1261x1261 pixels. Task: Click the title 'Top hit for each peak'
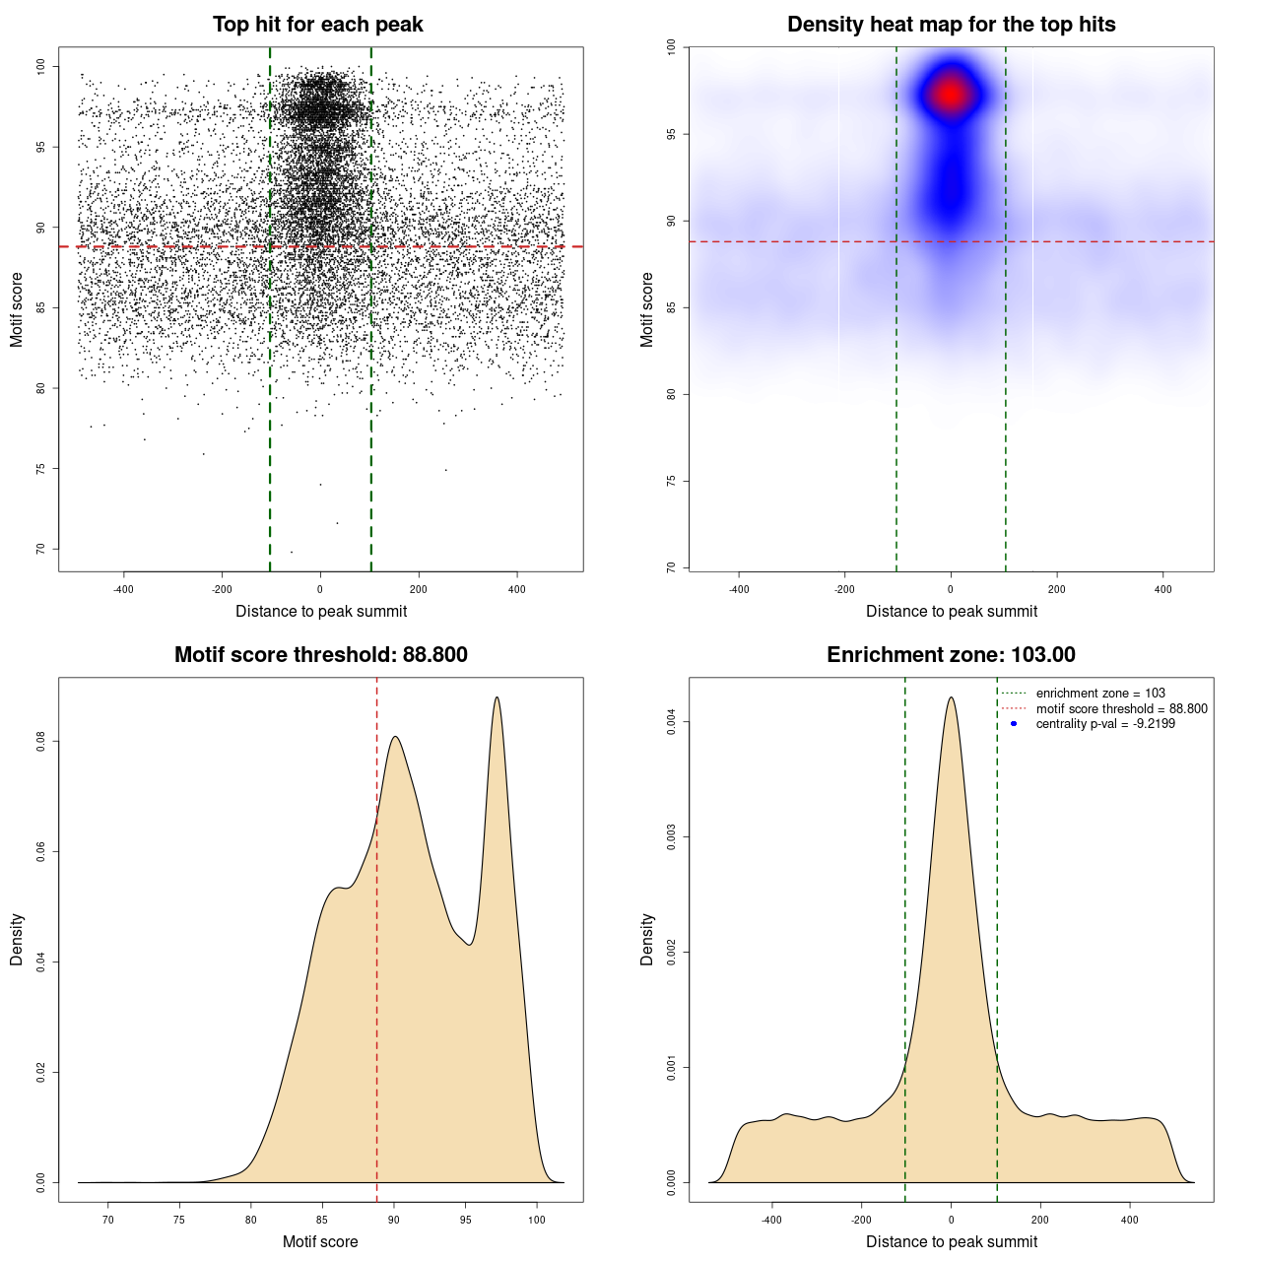point(317,25)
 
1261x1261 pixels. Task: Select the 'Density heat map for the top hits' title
point(951,25)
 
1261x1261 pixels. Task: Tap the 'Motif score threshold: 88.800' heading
point(320,655)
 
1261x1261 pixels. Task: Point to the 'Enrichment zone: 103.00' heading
point(951,655)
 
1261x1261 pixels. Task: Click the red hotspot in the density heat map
point(951,95)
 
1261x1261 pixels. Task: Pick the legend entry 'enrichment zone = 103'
point(1100,694)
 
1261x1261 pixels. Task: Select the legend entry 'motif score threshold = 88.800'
point(1121,708)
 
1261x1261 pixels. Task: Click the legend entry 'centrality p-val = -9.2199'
point(1105,724)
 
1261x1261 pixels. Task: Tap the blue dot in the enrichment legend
point(1014,724)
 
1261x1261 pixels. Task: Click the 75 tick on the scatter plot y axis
point(40,469)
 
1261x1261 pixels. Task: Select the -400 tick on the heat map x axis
point(739,589)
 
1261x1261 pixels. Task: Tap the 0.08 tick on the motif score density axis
point(40,741)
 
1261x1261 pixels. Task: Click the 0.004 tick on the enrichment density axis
point(671,722)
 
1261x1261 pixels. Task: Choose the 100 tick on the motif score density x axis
point(536,1220)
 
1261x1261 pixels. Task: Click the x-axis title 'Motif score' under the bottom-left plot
point(320,1241)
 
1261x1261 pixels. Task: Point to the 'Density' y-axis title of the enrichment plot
point(647,939)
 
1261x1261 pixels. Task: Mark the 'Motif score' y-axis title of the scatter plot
point(17,309)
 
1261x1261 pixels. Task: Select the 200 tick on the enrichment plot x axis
point(1040,1220)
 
